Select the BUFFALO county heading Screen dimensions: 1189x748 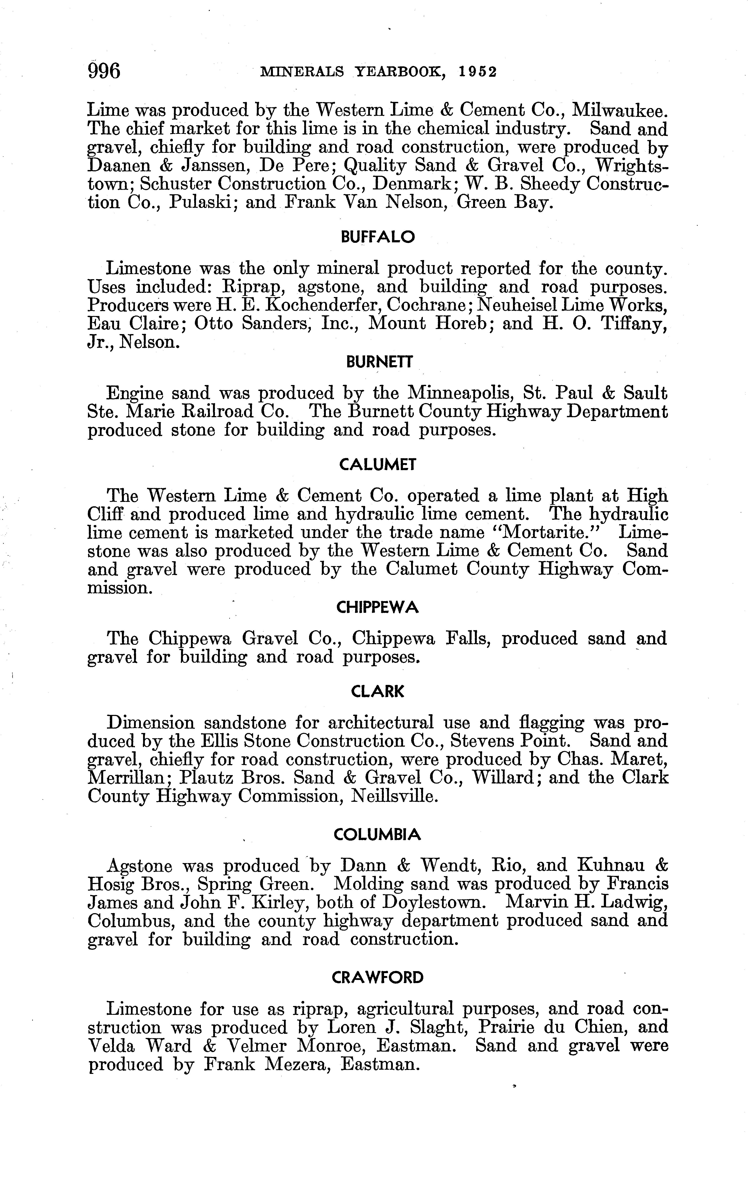pyautogui.click(x=378, y=237)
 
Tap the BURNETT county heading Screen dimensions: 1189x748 pyautogui.click(x=379, y=363)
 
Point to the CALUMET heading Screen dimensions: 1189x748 pyautogui.click(x=378, y=465)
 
